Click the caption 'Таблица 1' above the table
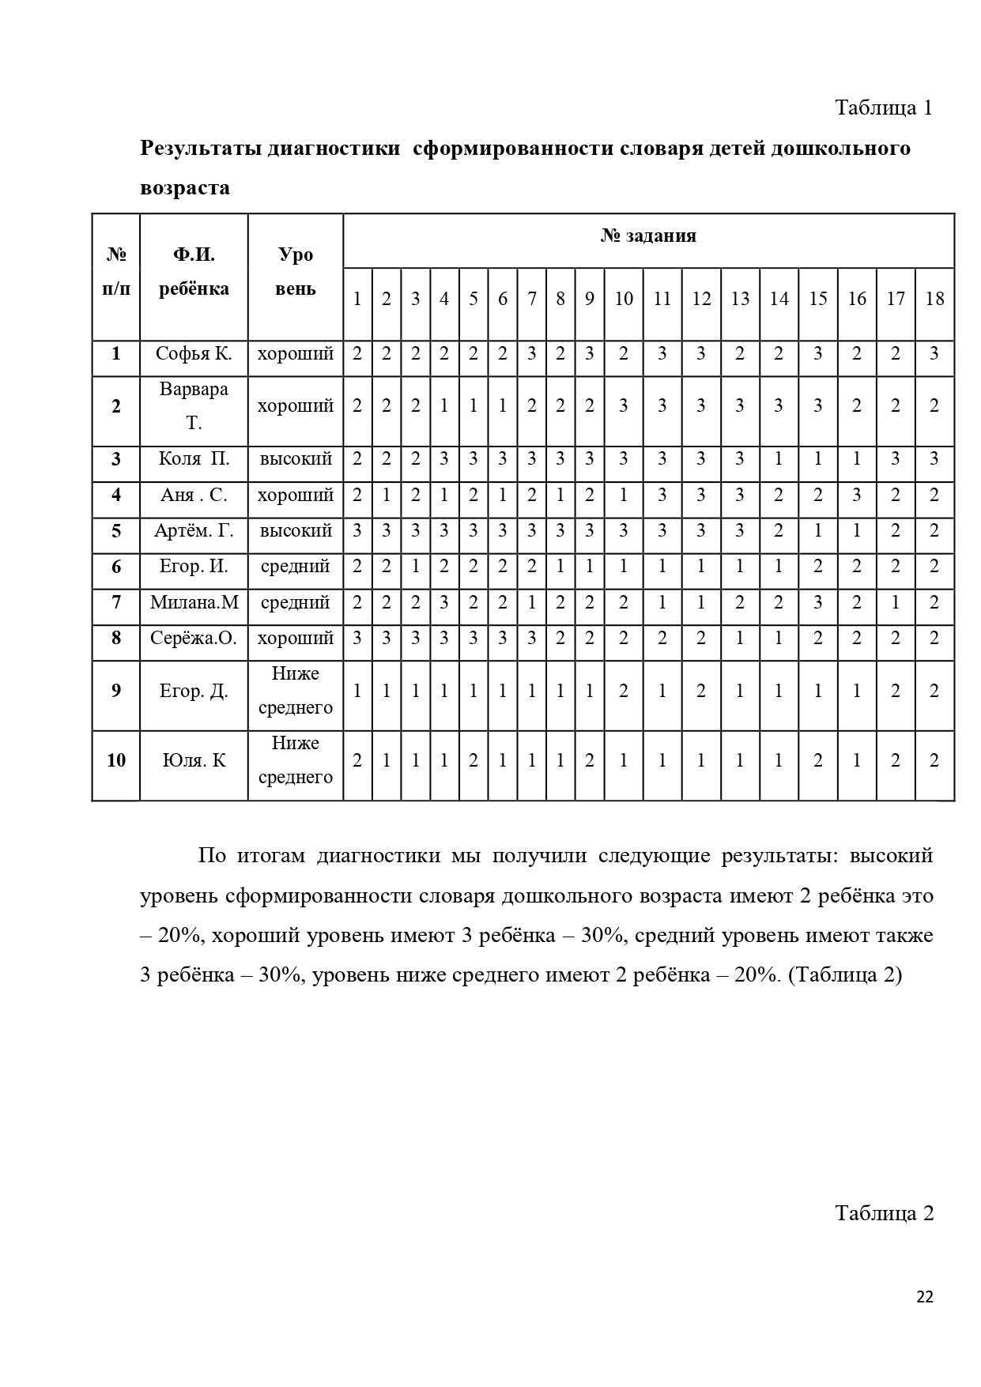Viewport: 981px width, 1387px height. pos(884,108)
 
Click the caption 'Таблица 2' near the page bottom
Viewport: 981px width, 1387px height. pos(885,1213)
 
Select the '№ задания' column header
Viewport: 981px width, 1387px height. pos(648,236)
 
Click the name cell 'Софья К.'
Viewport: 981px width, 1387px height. pos(194,353)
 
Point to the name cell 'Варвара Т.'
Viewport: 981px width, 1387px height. pos(194,406)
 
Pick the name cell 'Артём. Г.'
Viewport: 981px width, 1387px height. pos(194,531)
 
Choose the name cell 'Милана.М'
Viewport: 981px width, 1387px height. pos(194,602)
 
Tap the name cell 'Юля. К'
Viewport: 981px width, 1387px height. pos(194,760)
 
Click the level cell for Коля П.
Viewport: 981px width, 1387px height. pos(296,459)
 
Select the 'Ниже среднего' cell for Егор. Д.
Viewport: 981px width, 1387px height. pos(296,691)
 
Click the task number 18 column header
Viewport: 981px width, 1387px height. pos(934,299)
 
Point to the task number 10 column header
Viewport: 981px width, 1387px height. pos(624,299)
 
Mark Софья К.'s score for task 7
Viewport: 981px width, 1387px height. pos(532,353)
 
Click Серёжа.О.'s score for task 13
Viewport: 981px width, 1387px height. pos(740,638)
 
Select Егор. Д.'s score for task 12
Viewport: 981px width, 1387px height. pos(701,691)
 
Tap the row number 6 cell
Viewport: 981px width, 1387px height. pos(116,567)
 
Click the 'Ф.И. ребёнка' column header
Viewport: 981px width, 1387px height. pos(194,271)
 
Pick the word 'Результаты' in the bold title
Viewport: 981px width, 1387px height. pos(202,149)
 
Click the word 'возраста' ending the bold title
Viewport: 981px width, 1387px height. pos(185,188)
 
